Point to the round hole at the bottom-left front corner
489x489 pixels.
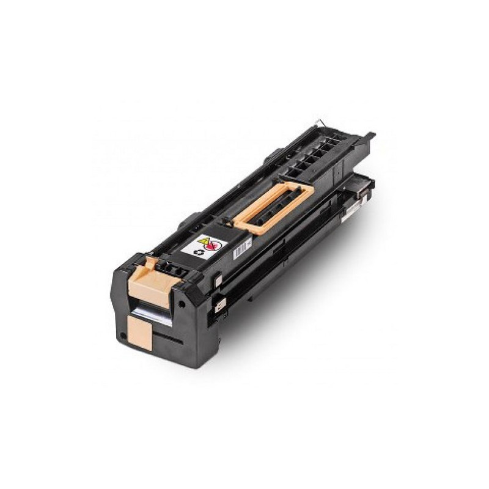123,335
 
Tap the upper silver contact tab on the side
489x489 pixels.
218,281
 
